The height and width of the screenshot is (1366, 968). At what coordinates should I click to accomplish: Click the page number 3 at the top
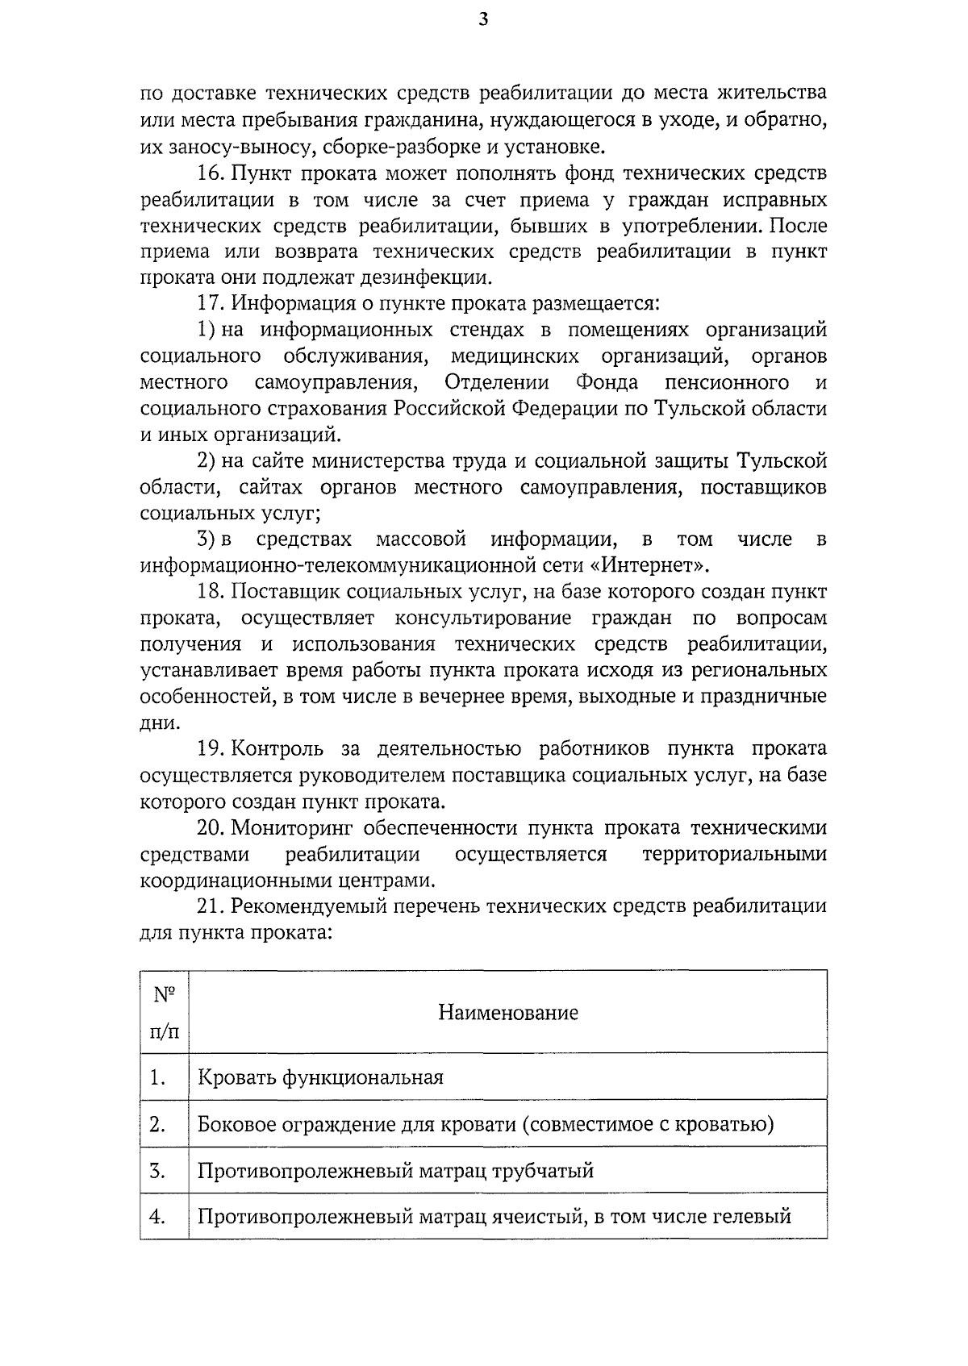coord(482,20)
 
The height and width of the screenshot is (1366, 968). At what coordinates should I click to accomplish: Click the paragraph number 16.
coord(212,173)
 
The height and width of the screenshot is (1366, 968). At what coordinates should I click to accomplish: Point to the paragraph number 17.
coord(212,304)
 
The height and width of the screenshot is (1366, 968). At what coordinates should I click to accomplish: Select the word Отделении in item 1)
coord(497,382)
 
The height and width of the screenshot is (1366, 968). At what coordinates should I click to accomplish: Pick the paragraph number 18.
coord(212,592)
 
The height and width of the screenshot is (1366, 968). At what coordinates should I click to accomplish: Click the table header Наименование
coord(508,1013)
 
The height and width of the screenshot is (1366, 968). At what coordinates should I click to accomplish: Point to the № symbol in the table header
coord(165,994)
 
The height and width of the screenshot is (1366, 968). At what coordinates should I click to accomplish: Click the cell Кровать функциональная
coord(321,1077)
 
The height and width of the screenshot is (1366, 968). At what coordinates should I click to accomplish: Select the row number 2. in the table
coord(158,1124)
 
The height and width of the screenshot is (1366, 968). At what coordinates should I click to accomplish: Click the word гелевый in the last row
coord(751,1217)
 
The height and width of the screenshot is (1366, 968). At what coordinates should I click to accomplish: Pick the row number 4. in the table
coord(158,1217)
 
